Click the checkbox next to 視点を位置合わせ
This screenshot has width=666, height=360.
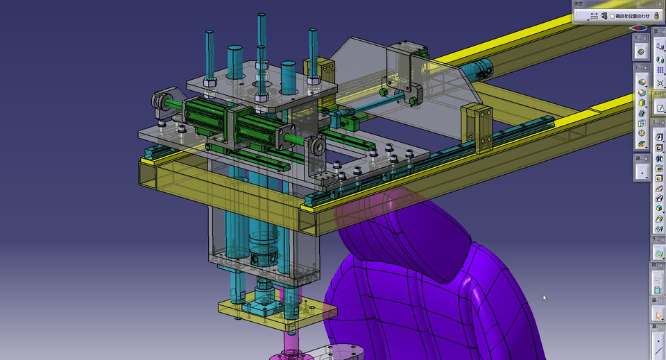click(612, 16)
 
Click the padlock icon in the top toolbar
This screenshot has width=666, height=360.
click(656, 15)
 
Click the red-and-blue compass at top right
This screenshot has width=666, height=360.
click(639, 29)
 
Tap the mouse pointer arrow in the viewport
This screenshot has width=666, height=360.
click(545, 298)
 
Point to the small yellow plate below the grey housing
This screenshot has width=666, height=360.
click(277, 313)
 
